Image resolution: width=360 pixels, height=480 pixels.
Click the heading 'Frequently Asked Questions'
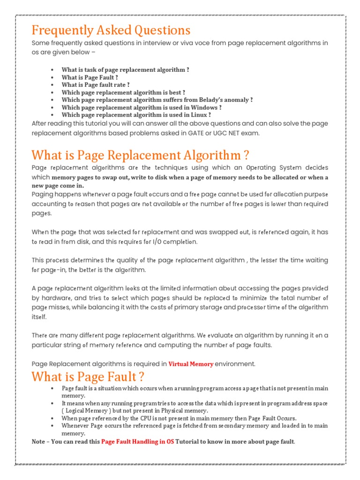coord(111,30)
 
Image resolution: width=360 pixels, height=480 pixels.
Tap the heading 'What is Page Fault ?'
coord(88,376)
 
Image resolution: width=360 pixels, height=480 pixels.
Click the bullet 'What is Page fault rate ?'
coord(96,85)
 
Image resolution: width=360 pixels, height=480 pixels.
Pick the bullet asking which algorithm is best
coord(123,92)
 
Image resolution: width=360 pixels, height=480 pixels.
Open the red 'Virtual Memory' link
coord(191,364)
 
